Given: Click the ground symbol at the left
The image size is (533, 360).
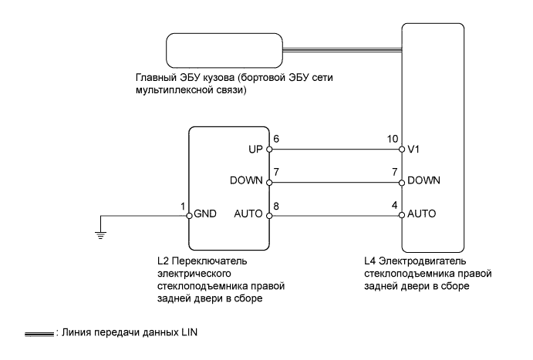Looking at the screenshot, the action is [x=100, y=235].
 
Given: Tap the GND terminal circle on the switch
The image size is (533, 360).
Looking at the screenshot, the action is [x=189, y=216].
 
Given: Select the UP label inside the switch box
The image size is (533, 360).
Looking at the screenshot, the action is [x=255, y=149].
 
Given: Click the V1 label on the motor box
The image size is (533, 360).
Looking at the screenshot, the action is [x=413, y=149].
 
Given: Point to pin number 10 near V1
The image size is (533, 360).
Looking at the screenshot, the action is [x=393, y=139].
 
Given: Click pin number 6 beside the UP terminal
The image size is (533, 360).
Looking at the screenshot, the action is [x=276, y=139].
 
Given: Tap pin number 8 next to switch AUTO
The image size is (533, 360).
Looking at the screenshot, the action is [x=276, y=206].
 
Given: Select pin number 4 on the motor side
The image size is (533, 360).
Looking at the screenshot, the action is [x=394, y=205].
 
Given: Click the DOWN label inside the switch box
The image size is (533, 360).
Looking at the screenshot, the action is [x=246, y=180].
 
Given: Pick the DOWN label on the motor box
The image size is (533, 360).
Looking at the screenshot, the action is [x=423, y=180].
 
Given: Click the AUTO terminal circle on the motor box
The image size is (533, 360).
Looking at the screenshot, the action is [x=402, y=215].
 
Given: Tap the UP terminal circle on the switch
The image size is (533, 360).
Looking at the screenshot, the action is [x=269, y=149].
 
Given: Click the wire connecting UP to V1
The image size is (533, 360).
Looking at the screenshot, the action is [x=336, y=149].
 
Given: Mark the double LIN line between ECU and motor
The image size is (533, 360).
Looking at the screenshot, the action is [x=342, y=50].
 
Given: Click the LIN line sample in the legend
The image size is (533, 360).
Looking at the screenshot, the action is [x=39, y=335].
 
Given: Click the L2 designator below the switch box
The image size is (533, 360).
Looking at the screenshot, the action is [x=163, y=261].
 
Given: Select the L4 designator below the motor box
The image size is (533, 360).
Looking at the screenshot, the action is [x=369, y=261].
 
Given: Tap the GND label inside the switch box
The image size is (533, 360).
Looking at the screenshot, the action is [x=205, y=214].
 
